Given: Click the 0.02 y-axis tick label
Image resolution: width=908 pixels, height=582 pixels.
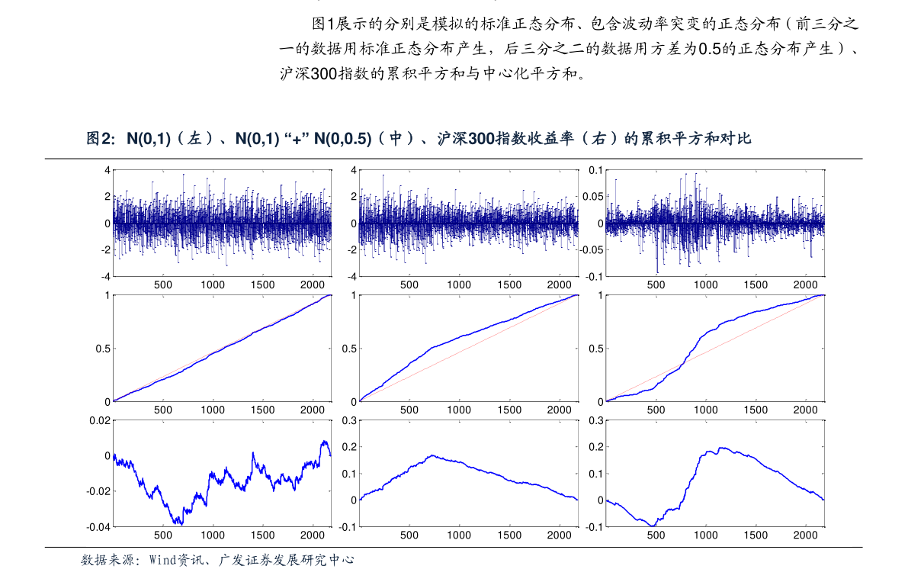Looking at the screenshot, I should tap(101, 420).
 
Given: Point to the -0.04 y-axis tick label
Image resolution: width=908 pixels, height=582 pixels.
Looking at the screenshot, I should tap(99, 527).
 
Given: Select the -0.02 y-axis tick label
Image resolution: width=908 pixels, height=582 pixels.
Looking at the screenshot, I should tap(99, 491).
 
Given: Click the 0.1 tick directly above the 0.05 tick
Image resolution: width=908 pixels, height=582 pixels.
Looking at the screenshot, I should tap(595, 170).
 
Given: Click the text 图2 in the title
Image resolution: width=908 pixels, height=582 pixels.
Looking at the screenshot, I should tap(99, 139).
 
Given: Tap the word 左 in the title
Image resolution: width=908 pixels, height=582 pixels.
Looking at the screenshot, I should tap(196, 139).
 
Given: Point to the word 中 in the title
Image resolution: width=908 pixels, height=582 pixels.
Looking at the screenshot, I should tap(396, 139).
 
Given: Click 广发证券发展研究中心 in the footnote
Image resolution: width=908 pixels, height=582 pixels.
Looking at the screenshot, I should tap(286, 560).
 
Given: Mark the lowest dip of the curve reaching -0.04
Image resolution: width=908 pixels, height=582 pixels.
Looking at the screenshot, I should tap(181, 524).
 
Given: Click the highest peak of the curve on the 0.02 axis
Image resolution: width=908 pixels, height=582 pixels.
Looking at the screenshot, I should tap(324, 442).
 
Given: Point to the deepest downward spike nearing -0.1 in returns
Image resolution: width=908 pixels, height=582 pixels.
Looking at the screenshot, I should tap(657, 272).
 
